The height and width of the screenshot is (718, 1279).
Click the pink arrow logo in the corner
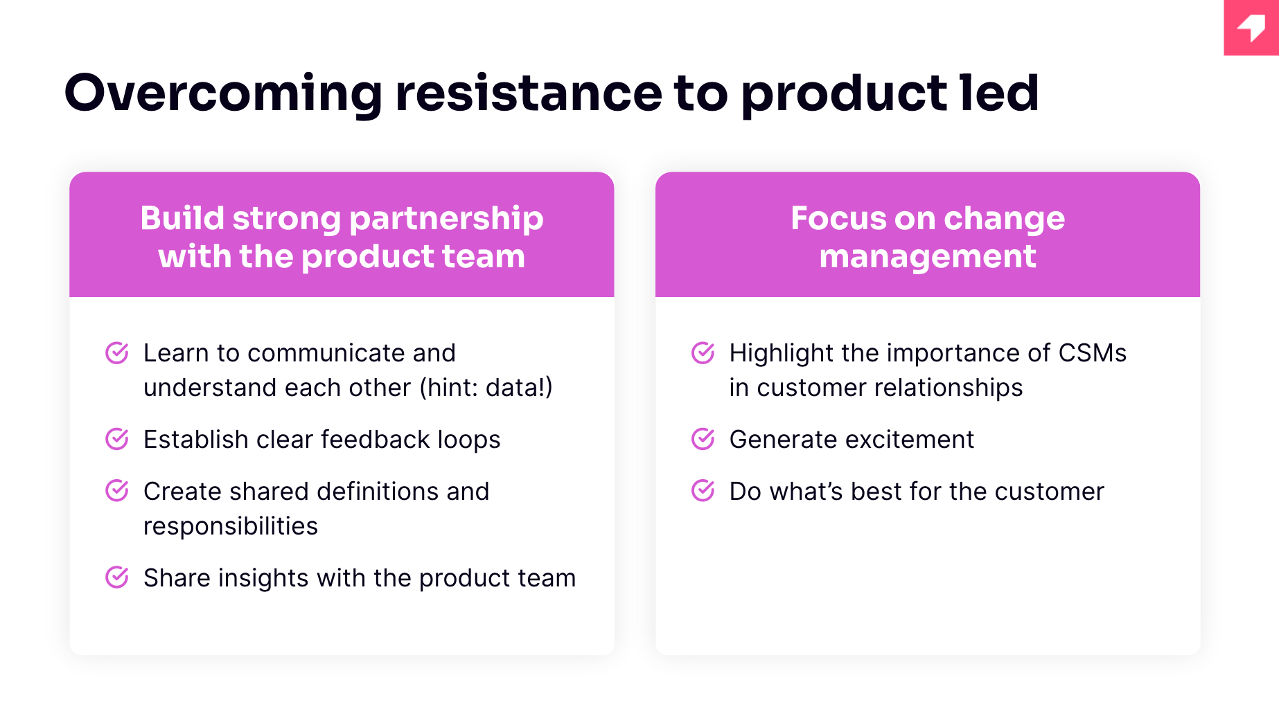(x=1251, y=28)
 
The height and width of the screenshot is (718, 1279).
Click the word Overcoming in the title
(x=223, y=93)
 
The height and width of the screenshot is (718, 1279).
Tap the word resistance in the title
(x=529, y=93)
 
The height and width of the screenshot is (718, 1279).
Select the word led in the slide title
(x=999, y=93)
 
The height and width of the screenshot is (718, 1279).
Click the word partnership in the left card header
(x=446, y=219)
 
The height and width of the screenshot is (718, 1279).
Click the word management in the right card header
(x=928, y=258)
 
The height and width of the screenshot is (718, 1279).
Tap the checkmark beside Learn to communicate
(x=117, y=352)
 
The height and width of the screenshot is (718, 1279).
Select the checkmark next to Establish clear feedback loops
(x=117, y=439)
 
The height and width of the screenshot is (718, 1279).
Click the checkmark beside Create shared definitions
(x=117, y=491)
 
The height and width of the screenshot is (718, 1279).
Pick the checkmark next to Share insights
(x=117, y=577)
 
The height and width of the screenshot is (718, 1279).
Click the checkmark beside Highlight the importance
(x=703, y=352)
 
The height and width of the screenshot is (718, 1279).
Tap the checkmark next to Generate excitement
(x=703, y=439)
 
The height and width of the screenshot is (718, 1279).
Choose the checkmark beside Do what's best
(x=703, y=491)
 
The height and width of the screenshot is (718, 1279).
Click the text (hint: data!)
(x=486, y=388)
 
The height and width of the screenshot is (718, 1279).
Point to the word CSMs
(x=1093, y=353)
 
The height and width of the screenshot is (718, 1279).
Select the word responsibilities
(x=231, y=527)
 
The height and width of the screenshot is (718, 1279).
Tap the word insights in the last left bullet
(x=263, y=578)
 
